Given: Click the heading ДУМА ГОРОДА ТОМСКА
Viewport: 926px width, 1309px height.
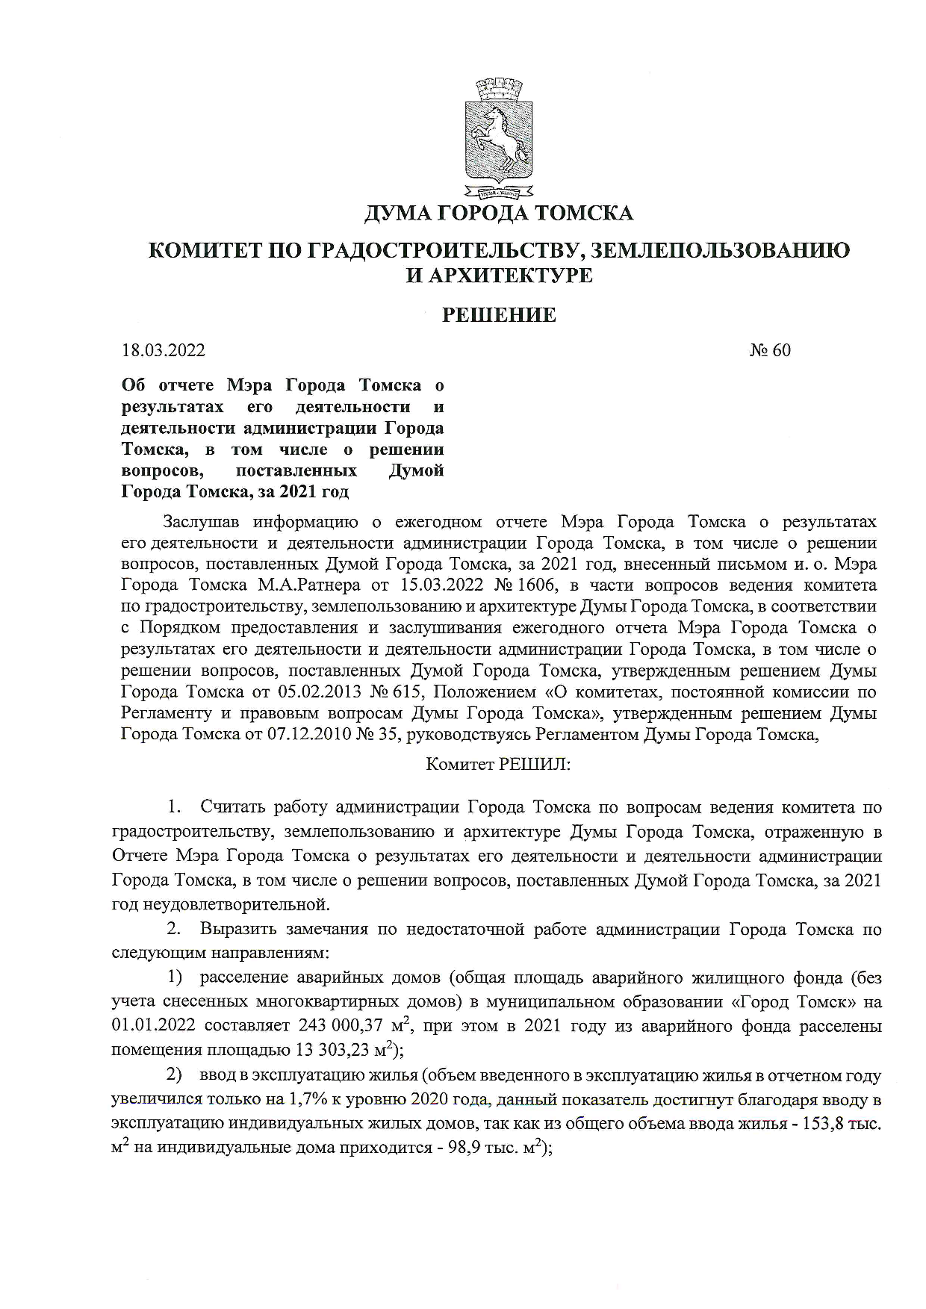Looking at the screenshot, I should [498, 214].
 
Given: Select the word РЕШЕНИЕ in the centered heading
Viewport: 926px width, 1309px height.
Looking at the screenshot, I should [499, 315].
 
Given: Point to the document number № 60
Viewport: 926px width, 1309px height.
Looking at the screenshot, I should [770, 350].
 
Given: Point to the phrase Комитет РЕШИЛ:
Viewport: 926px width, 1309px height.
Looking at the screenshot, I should [497, 765].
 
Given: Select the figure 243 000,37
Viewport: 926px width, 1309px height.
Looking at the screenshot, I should [346, 1025].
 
